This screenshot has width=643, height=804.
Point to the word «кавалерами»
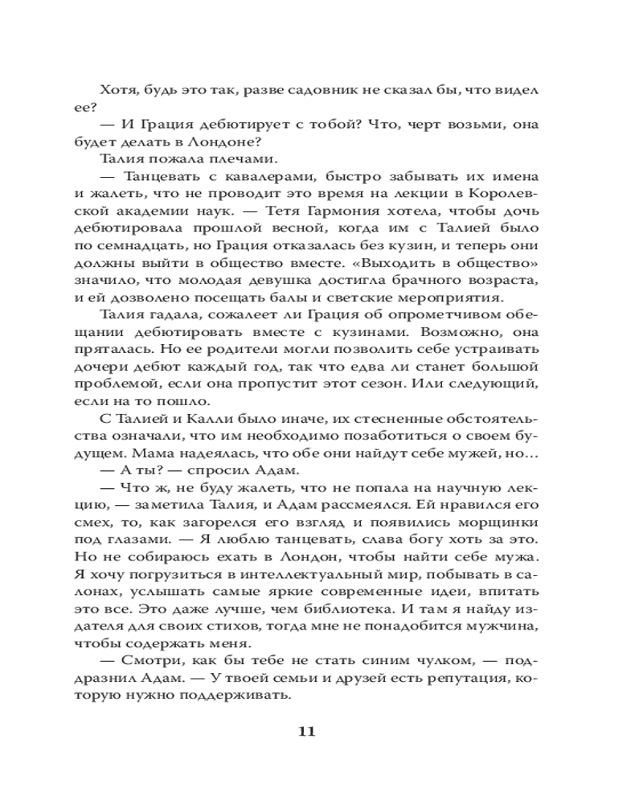point(240,177)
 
